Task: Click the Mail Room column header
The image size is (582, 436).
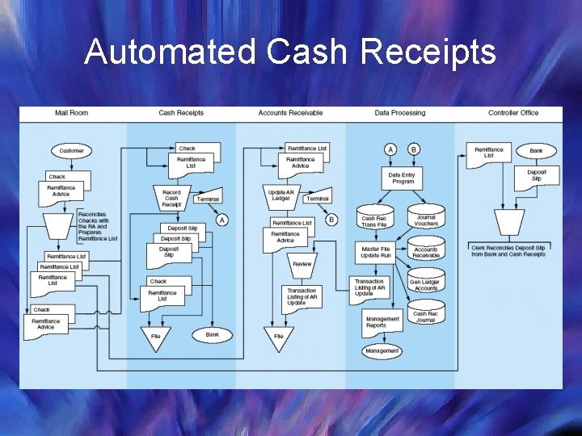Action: pyautogui.click(x=71, y=113)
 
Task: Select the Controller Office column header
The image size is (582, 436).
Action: pyautogui.click(x=512, y=113)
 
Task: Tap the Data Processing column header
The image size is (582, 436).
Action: pyautogui.click(x=399, y=113)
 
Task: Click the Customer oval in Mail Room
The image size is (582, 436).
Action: pyautogui.click(x=71, y=151)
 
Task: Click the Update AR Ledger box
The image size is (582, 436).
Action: pyautogui.click(x=280, y=197)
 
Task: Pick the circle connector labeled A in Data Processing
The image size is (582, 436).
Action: pyautogui.click(x=390, y=149)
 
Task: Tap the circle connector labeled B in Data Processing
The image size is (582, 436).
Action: pyautogui.click(x=414, y=149)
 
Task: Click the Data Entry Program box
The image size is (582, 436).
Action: pyautogui.click(x=402, y=178)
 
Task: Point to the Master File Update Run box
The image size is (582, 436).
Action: pyautogui.click(x=376, y=252)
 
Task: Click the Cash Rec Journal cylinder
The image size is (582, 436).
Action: pyautogui.click(x=426, y=317)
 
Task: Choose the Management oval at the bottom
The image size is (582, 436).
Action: pyautogui.click(x=382, y=351)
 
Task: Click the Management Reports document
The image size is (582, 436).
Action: pyautogui.click(x=382, y=321)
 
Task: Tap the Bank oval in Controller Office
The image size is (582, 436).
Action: pyautogui.click(x=536, y=151)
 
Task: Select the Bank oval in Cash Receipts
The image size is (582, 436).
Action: pyautogui.click(x=212, y=334)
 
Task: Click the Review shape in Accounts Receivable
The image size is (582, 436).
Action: pyautogui.click(x=302, y=264)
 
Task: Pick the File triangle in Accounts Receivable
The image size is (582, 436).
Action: pyautogui.click(x=279, y=337)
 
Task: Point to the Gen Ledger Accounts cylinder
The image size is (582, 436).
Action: pyautogui.click(x=426, y=284)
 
